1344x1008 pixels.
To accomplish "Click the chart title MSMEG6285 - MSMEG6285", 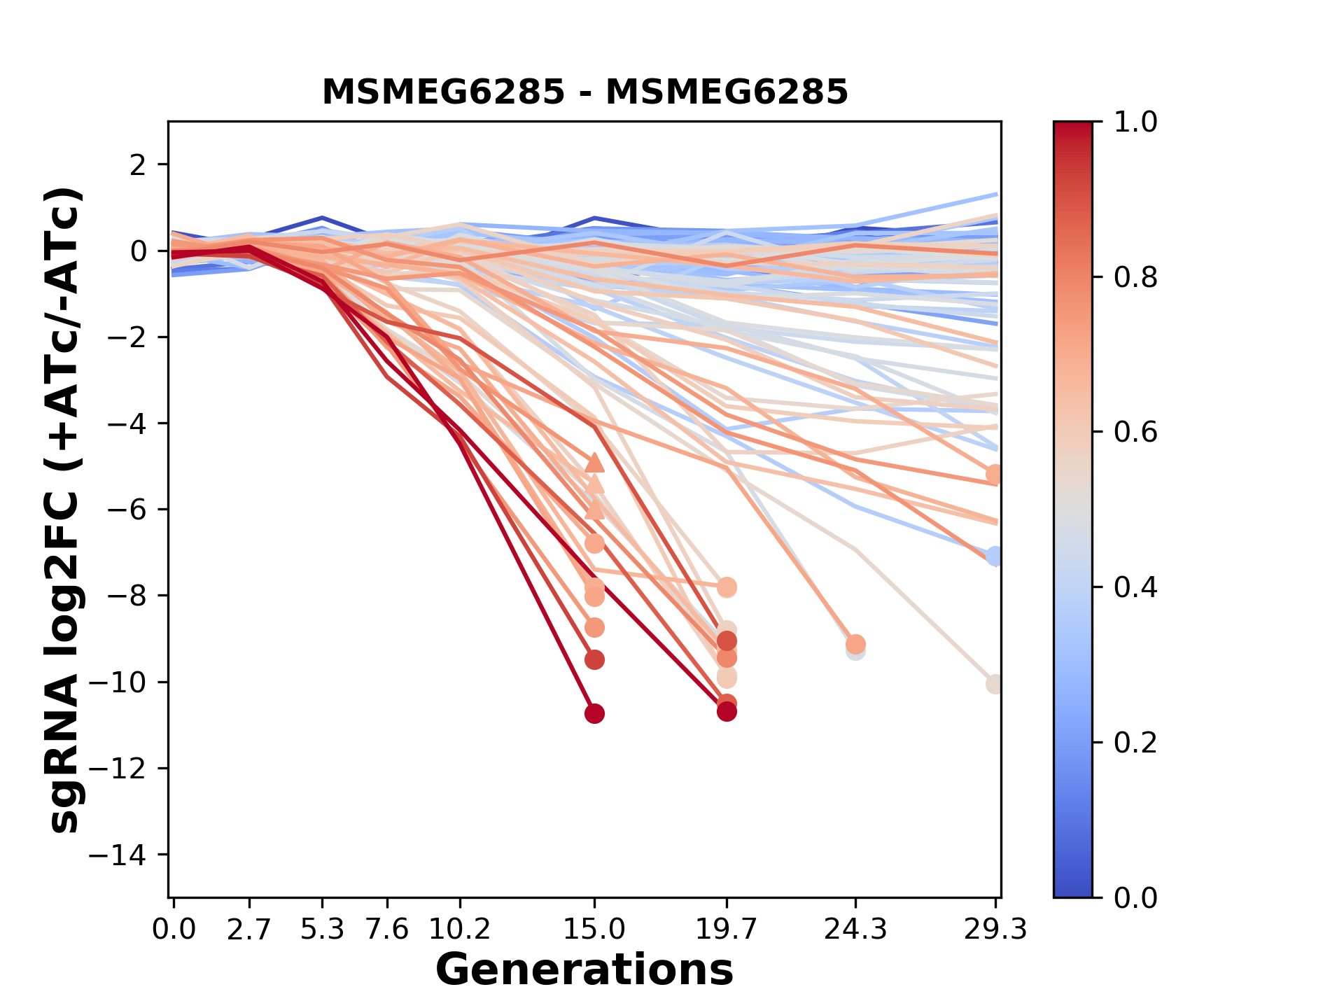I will pos(584,92).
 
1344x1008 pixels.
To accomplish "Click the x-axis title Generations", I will pos(584,969).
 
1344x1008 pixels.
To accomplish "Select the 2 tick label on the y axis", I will pos(139,164).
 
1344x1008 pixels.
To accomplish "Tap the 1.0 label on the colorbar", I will pos(1135,122).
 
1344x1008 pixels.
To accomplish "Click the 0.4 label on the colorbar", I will pos(1135,587).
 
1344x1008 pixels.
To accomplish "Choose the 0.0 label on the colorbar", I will pos(1135,897).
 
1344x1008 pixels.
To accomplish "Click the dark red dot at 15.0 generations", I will pos(594,714).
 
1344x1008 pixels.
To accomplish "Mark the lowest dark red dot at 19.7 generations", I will pos(727,712).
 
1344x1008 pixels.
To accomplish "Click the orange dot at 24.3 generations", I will pos(855,644).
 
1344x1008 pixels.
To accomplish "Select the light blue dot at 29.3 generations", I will pos(994,556).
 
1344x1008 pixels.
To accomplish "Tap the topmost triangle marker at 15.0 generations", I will pos(594,462).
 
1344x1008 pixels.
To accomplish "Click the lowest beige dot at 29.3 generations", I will pos(994,684).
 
